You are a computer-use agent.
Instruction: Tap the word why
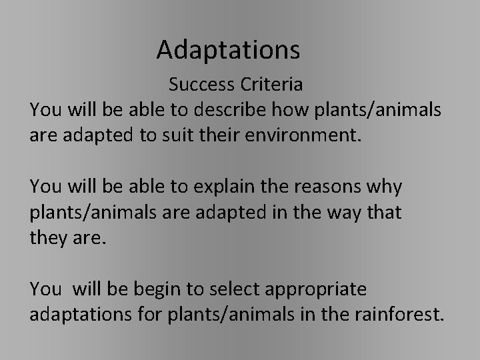385,187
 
